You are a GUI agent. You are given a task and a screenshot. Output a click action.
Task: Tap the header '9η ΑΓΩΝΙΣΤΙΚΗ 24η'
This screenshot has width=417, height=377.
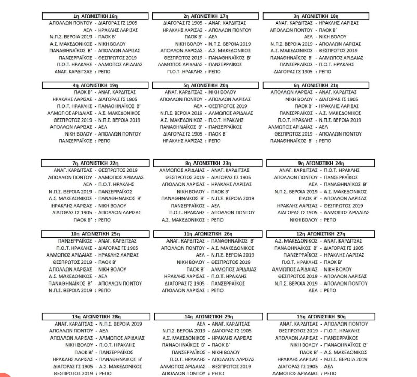pos(318,163)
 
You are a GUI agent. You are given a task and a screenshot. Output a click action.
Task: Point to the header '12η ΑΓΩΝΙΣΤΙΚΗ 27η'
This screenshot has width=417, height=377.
pos(318,235)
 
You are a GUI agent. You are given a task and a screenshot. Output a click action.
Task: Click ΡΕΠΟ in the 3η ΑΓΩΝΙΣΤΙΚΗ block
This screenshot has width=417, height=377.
pos(324,71)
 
